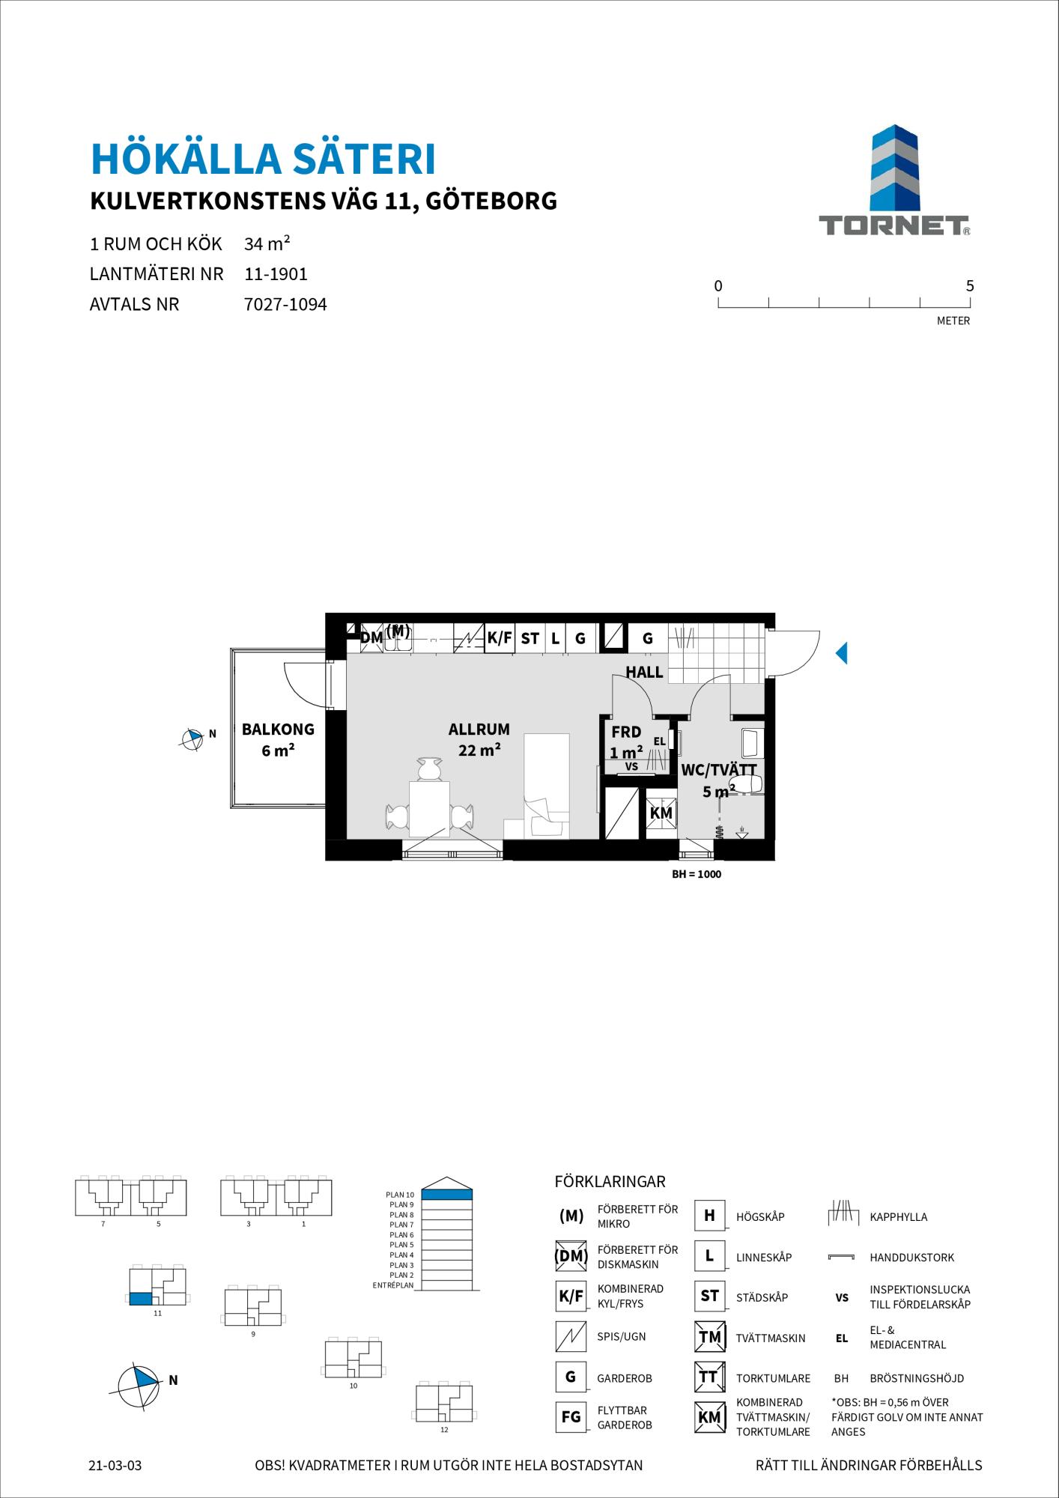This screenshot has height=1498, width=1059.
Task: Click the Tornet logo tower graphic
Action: [894, 168]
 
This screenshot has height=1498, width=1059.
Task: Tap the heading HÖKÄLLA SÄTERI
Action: [263, 159]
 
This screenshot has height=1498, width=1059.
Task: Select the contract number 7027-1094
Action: [286, 305]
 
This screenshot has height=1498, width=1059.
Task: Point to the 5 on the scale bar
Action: [970, 286]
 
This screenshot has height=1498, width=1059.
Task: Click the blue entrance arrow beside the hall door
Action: [842, 653]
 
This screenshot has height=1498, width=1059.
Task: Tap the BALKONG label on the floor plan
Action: [278, 730]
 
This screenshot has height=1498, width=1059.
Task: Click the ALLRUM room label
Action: [479, 730]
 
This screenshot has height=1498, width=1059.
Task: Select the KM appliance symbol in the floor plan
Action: [661, 813]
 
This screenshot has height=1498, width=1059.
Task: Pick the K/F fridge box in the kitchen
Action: [500, 638]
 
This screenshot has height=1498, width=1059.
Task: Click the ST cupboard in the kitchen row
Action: [530, 639]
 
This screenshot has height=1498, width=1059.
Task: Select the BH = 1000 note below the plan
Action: [697, 874]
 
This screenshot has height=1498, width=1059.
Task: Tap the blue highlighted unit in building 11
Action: [140, 1300]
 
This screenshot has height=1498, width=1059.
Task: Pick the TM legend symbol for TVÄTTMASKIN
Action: [709, 1337]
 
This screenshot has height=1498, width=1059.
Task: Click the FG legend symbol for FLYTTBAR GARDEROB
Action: [571, 1417]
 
